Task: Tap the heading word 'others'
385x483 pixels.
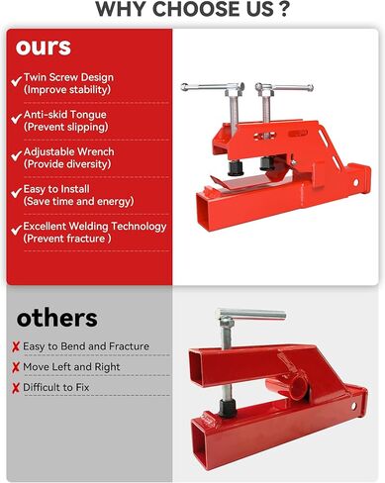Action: [x=57, y=318]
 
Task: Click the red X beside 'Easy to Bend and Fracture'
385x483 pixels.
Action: [x=16, y=346]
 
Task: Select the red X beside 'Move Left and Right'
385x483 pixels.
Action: [x=16, y=367]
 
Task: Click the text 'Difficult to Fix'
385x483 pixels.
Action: [x=63, y=388]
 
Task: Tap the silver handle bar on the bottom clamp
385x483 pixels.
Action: [x=250, y=317]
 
